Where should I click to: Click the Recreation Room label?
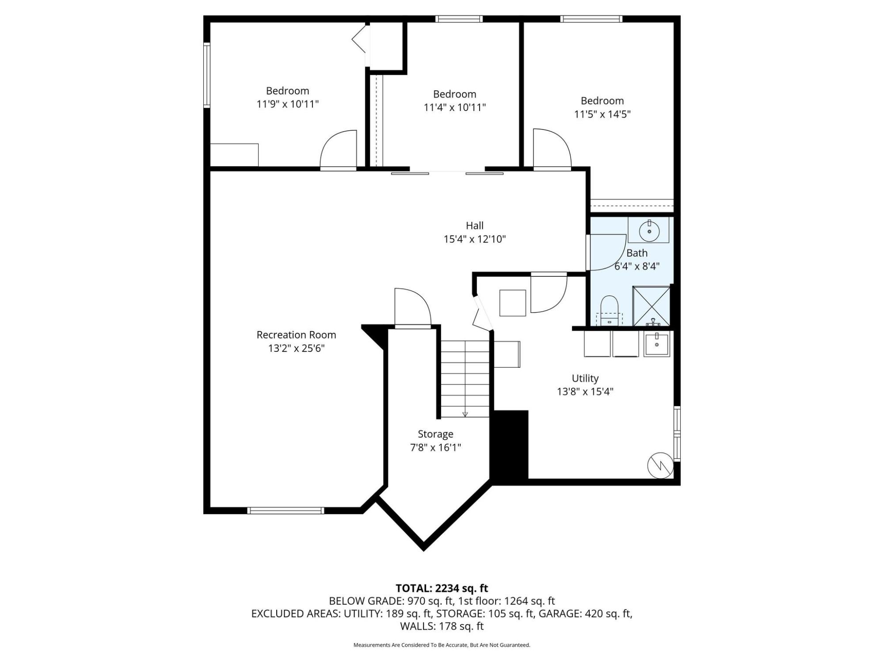296,335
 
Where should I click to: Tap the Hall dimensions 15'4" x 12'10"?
475,239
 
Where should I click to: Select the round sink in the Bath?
649,231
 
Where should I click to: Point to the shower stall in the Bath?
652,306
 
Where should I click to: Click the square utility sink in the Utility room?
657,344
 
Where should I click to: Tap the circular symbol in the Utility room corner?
660,465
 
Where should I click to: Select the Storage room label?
435,434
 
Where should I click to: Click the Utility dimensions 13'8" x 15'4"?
585,392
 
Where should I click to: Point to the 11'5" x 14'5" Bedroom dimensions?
602,114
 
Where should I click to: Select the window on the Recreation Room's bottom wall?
286,511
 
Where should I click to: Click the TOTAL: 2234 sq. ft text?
442,588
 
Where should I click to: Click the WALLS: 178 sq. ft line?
442,626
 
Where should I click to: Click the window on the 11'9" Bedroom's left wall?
206,75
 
